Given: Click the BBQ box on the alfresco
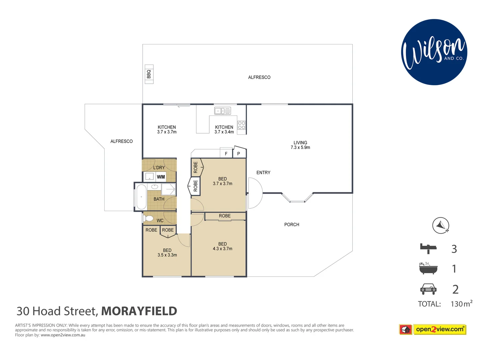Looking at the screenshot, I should point(149,74).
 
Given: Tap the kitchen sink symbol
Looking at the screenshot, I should point(222,111).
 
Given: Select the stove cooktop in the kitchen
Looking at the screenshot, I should point(241,126).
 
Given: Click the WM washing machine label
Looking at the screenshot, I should point(161,177).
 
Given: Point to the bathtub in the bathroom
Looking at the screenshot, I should point(141,197).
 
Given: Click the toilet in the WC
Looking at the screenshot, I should point(148,219).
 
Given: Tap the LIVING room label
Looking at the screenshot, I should point(300,143).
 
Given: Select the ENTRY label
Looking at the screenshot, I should point(263,173).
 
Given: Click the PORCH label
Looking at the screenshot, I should point(292,225).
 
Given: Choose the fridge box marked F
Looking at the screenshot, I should point(226,154).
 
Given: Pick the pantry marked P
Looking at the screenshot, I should point(239,153).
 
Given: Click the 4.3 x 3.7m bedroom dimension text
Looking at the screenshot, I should point(223,249).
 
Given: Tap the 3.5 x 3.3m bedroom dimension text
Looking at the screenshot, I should point(167,255).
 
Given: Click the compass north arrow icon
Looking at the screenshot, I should point(441,225).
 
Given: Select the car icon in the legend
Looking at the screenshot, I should point(428,289).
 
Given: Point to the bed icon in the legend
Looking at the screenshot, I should point(428,248).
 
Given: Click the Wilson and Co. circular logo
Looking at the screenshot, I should point(434,52).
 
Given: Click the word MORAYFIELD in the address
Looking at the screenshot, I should point(139,311).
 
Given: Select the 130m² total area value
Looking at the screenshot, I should point(461,304).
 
